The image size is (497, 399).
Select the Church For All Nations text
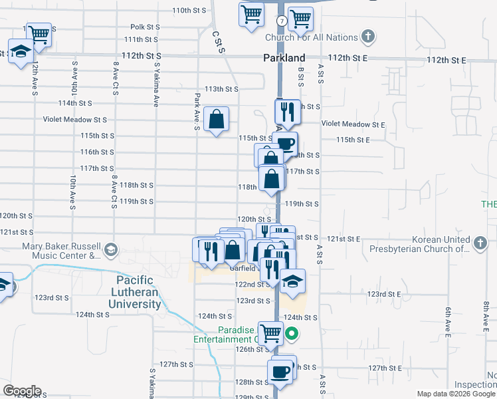[x=311, y=38]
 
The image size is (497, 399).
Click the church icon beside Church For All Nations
[x=369, y=37]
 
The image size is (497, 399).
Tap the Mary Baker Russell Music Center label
[x=60, y=250]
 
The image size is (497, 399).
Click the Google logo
[x=22, y=391]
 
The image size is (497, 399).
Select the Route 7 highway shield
[x=283, y=21]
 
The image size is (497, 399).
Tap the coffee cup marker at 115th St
[x=285, y=143]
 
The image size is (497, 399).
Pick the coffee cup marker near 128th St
[x=280, y=371]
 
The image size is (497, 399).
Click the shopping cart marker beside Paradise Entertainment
[x=270, y=332]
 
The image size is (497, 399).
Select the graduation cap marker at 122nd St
[x=292, y=281]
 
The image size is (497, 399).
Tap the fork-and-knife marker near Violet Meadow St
[x=288, y=111]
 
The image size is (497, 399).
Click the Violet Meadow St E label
[x=353, y=124]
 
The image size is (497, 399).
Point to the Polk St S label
[x=146, y=27]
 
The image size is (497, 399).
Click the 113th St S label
[x=221, y=89]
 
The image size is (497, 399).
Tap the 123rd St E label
[x=386, y=293]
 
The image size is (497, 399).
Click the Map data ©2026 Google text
[x=455, y=394]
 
